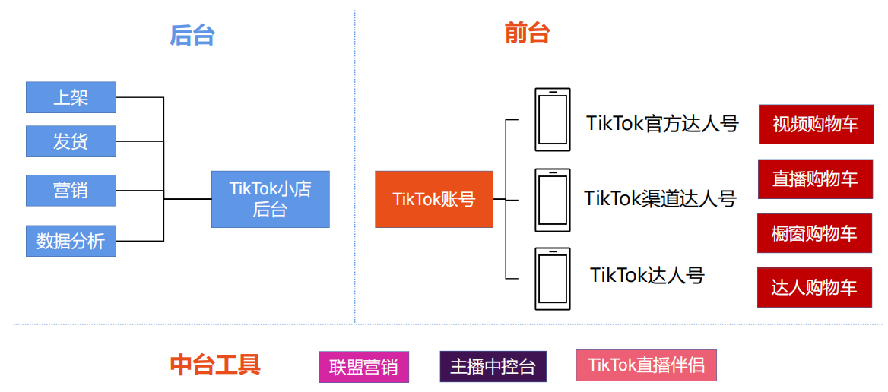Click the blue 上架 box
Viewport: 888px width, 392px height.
click(71, 97)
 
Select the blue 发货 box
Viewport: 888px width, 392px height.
click(71, 141)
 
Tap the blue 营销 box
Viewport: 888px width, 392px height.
click(71, 190)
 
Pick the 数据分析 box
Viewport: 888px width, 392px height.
click(71, 241)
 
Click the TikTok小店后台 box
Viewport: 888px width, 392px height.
click(270, 199)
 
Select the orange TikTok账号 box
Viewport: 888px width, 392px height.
click(433, 199)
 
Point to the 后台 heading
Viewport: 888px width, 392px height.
click(192, 35)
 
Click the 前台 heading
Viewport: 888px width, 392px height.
click(527, 33)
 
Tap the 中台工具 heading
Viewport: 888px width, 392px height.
click(215, 365)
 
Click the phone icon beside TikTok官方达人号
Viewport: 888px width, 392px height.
click(553, 119)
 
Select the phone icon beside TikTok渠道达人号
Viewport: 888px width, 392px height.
click(553, 200)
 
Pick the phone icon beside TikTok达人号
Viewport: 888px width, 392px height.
click(553, 278)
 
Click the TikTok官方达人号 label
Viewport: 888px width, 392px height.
click(662, 123)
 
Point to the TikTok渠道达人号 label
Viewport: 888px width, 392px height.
click(660, 198)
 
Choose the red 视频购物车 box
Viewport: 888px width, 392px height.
click(816, 124)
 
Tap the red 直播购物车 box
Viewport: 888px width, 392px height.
click(815, 179)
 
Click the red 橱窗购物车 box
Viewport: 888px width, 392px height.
click(814, 233)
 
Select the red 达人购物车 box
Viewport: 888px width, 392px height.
click(814, 287)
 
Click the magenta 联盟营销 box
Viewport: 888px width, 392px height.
click(363, 367)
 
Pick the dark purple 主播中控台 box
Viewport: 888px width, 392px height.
click(493, 366)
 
